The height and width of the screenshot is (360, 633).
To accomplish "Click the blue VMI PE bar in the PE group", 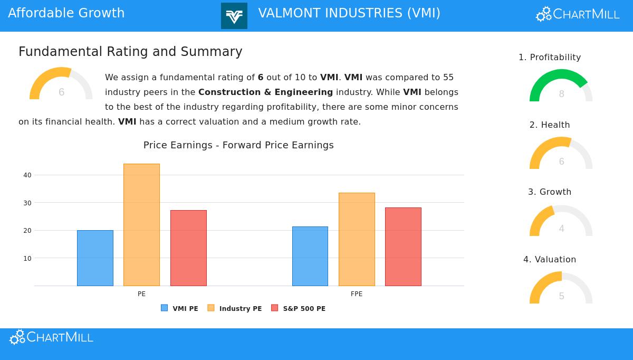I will click(95, 258).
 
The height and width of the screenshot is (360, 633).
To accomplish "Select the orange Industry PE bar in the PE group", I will click(141, 225).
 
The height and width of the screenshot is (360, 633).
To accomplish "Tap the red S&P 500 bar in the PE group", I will click(188, 248).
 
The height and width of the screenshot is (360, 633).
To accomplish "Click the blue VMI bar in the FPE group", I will click(310, 256).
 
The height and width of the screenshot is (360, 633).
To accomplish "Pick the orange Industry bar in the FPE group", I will click(357, 239).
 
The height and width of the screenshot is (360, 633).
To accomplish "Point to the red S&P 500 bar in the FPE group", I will click(403, 247).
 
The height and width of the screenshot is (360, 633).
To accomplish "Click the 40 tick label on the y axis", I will click(27, 175).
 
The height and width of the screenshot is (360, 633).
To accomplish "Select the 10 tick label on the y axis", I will click(27, 259).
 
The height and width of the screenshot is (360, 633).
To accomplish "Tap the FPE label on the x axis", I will click(357, 294).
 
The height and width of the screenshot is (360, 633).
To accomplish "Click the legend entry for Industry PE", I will click(235, 309).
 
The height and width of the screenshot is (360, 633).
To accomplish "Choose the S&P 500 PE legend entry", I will click(299, 309).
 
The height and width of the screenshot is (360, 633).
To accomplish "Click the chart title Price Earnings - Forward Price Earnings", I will click(238, 145).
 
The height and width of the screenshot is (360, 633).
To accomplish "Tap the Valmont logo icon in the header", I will click(234, 16).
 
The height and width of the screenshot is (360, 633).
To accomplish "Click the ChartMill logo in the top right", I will click(578, 14).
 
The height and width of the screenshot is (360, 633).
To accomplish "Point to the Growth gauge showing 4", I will click(561, 222).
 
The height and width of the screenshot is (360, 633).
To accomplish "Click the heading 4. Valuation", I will click(550, 260).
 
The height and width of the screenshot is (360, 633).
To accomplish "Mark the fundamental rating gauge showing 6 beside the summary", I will click(61, 84).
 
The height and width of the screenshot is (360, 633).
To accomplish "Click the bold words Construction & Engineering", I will click(265, 92).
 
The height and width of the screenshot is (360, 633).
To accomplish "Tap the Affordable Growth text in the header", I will click(66, 13).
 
